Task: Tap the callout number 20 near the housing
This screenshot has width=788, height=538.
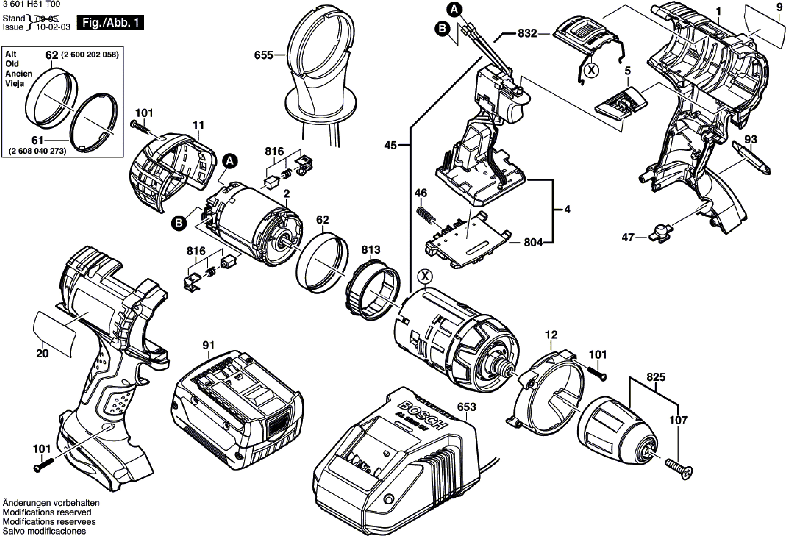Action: (42, 354)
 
